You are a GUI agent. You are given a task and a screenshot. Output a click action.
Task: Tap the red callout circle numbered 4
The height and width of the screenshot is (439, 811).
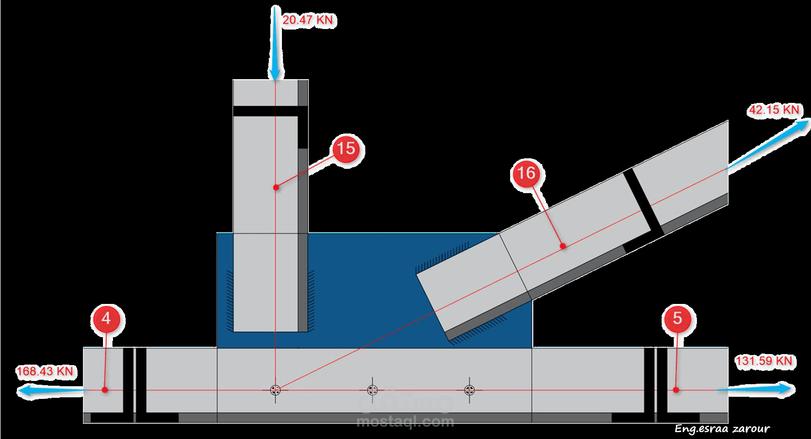click(x=107, y=319)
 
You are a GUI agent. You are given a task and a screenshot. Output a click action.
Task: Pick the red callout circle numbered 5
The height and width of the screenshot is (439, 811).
click(x=678, y=319)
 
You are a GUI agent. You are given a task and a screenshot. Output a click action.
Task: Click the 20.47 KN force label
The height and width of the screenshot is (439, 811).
click(x=309, y=21)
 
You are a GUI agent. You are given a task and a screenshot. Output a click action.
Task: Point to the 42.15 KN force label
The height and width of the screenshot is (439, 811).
click(x=774, y=110)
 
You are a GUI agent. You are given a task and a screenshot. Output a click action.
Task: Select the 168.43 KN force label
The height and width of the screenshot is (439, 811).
click(x=44, y=371)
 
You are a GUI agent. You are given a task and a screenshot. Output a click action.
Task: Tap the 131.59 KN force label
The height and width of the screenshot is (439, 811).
click(x=763, y=361)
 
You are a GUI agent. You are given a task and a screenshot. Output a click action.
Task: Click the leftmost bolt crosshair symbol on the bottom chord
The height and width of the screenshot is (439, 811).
click(x=275, y=390)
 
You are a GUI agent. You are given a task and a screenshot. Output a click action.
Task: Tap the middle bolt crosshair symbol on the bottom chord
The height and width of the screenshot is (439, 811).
click(x=372, y=390)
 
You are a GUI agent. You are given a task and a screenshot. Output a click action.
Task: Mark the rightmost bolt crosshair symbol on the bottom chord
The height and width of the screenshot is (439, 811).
click(x=469, y=390)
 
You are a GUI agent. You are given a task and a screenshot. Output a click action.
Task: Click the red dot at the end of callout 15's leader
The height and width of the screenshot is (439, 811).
click(x=276, y=187)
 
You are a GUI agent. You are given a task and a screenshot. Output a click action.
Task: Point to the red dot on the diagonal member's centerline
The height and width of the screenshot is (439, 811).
click(x=563, y=246)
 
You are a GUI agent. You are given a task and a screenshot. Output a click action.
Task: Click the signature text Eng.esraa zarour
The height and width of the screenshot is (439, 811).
click(x=721, y=429)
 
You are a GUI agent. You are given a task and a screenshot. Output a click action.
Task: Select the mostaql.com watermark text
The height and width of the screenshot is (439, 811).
click(x=405, y=422)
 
